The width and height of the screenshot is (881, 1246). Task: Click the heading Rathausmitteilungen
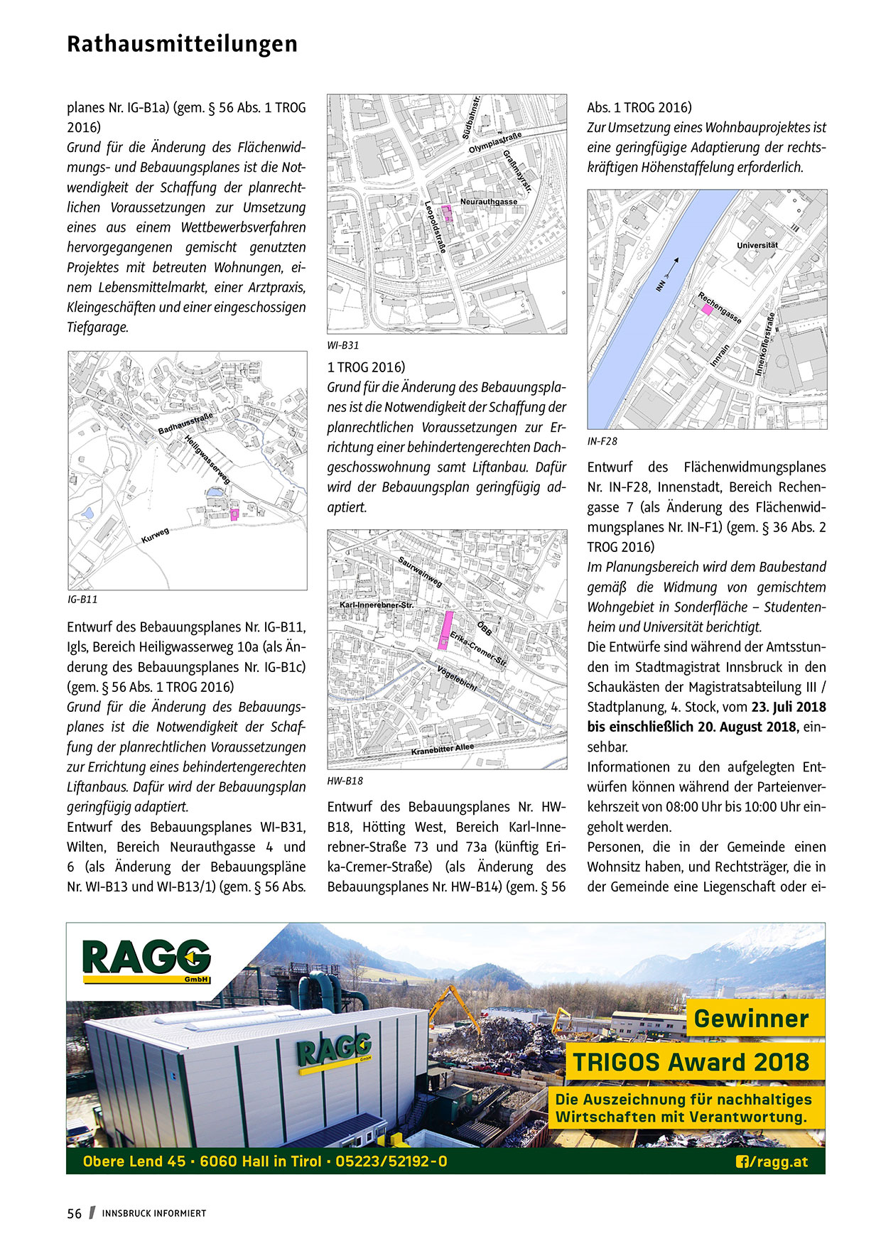click(x=182, y=44)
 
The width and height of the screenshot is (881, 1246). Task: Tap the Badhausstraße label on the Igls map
click(x=185, y=423)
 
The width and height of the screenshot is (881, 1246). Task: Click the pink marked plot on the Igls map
click(x=234, y=515)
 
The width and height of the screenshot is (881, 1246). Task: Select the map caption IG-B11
click(x=82, y=600)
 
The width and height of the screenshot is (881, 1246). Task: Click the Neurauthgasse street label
click(x=488, y=202)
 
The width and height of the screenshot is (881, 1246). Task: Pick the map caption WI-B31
click(x=343, y=346)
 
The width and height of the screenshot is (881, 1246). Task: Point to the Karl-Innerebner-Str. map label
click(x=377, y=605)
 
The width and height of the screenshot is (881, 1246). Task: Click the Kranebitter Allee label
click(x=442, y=749)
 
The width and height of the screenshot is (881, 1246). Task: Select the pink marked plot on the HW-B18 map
click(x=445, y=629)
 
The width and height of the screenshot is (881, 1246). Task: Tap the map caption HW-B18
click(x=345, y=781)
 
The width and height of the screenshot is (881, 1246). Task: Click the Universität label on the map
click(x=757, y=245)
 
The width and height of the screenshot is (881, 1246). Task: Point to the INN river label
click(x=662, y=285)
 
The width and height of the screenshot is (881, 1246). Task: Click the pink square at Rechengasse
click(x=706, y=309)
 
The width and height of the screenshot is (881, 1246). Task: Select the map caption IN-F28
click(x=602, y=442)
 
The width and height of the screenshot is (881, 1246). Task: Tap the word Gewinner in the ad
click(x=751, y=1019)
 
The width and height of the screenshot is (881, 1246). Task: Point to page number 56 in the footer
click(x=75, y=1213)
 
